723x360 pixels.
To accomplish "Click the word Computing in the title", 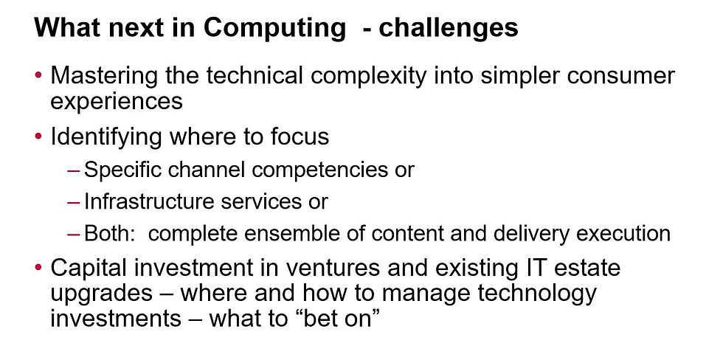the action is [x=274, y=29].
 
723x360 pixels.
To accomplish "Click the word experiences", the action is [x=117, y=102].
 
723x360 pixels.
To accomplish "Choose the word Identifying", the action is [x=106, y=137].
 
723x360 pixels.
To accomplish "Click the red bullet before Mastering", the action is [x=38, y=75].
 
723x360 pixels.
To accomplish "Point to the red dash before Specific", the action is [x=74, y=170].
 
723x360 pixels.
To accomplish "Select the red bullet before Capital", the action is [x=38, y=267].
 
